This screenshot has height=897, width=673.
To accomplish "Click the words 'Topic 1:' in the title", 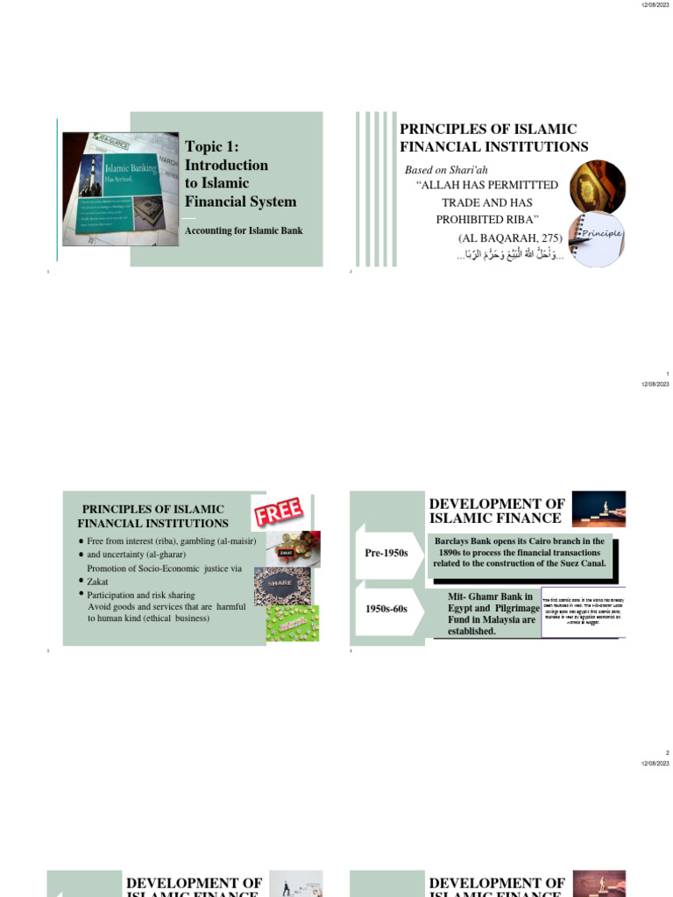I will [212, 146].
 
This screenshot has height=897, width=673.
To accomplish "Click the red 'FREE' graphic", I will [279, 513].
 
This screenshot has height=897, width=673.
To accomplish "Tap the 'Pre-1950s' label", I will [386, 553].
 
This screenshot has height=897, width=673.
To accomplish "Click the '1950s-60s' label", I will [386, 608].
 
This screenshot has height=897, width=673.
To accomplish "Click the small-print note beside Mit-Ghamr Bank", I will [583, 610].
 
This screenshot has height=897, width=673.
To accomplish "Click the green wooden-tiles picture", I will [292, 623].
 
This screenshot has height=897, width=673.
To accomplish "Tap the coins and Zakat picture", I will [293, 549].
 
